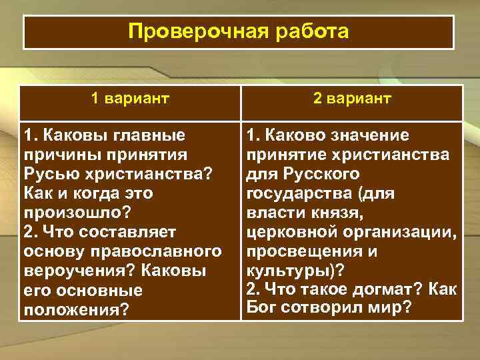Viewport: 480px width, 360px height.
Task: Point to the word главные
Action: point(151,135)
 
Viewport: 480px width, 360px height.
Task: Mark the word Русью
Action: point(51,174)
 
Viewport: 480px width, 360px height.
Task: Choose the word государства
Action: point(300,193)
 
